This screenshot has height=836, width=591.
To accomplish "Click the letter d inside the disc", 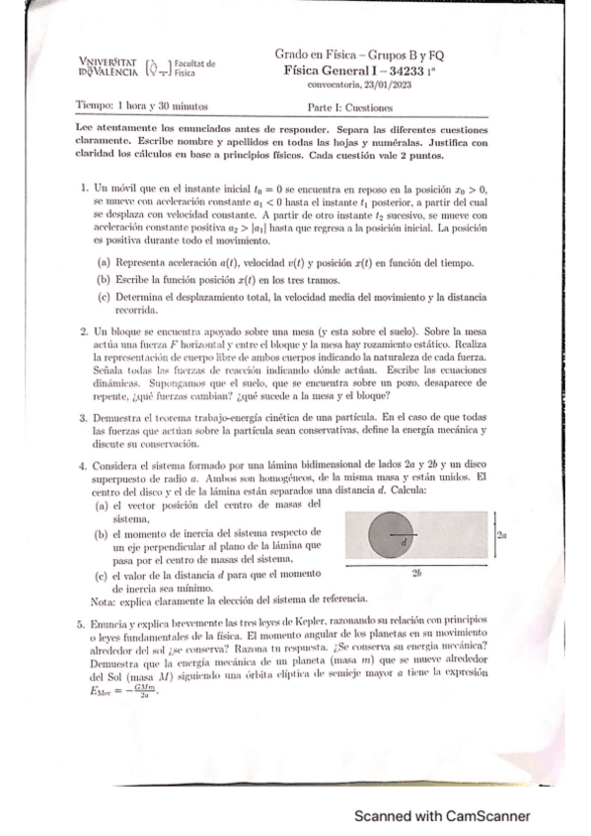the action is click(405, 542).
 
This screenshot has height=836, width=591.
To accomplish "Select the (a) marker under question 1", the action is click(104, 264).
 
